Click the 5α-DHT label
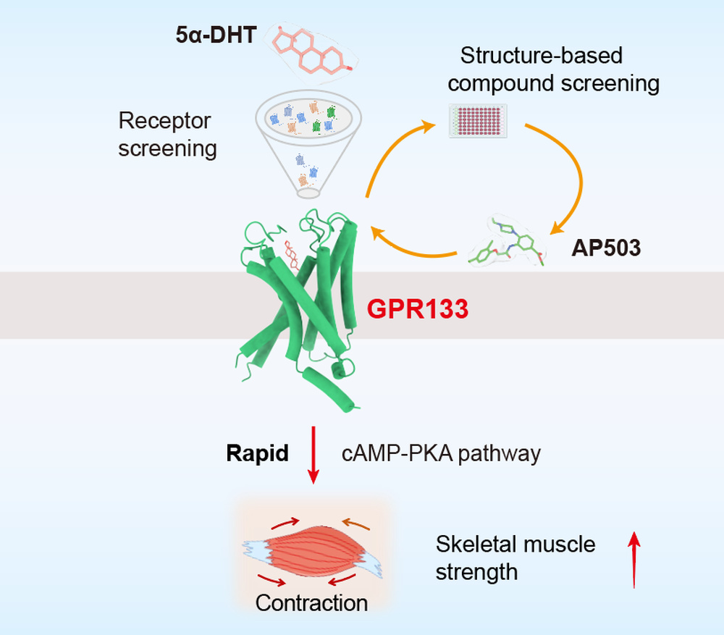click(x=216, y=35)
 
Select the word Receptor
click(x=164, y=121)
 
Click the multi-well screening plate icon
click(x=478, y=121)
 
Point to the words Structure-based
click(x=541, y=56)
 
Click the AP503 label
click(x=606, y=248)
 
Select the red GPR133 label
click(x=418, y=309)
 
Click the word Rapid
click(x=257, y=453)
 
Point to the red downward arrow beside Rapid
click(x=313, y=455)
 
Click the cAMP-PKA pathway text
click(x=441, y=453)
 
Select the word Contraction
click(x=311, y=603)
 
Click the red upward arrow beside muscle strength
click(x=634, y=560)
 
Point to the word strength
click(x=476, y=573)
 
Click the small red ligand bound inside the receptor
click(x=291, y=255)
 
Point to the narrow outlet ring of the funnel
click(x=308, y=193)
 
